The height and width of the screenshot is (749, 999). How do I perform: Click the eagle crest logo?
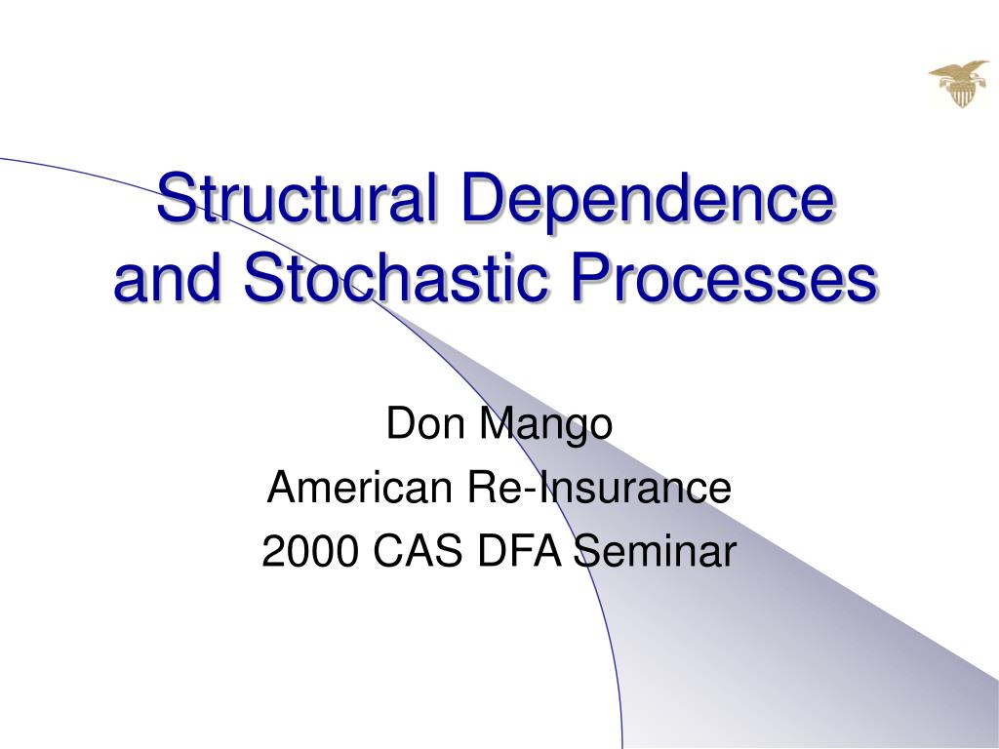point(958,83)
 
